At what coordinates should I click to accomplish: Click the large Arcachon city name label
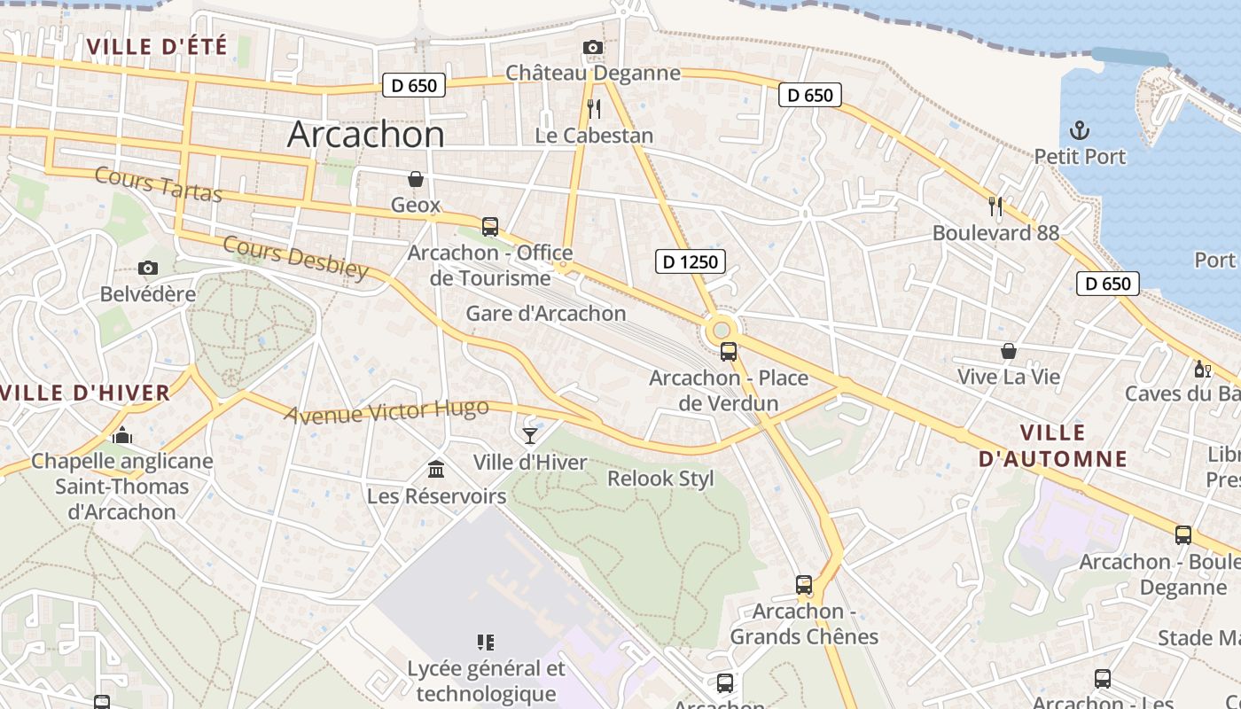(366, 135)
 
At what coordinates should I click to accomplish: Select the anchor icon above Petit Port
(1079, 131)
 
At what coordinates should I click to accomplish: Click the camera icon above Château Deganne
(593, 47)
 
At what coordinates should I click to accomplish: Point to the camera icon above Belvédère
(148, 268)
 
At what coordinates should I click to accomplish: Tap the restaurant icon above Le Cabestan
(594, 109)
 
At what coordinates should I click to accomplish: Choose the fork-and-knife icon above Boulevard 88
(995, 206)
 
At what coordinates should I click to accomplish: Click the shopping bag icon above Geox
(415, 179)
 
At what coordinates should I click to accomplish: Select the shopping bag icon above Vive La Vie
(1008, 351)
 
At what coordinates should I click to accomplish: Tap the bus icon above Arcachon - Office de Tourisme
(489, 227)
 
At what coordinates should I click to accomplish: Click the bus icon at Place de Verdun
(729, 352)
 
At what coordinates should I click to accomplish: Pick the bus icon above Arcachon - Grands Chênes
(804, 585)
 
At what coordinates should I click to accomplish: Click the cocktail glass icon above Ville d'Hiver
(530, 436)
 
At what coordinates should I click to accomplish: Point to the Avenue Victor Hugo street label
(386, 411)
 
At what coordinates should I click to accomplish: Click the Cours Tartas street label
(159, 184)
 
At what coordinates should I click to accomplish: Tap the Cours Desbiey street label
(295, 257)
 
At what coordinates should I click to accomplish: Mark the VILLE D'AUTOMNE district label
(1053, 446)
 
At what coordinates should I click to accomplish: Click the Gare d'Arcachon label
(546, 314)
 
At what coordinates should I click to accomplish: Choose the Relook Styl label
(660, 479)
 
